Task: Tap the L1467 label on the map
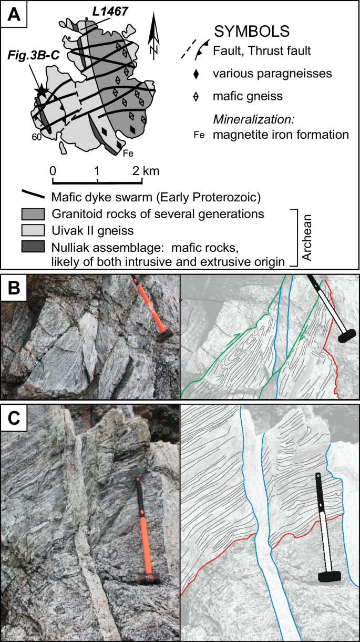(x=110, y=12)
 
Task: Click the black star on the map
(x=40, y=91)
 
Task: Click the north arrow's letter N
(x=153, y=49)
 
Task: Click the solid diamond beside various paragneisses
(x=196, y=74)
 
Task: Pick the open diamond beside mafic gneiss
(x=196, y=96)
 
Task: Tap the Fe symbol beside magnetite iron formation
(x=199, y=135)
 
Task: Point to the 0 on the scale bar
(x=53, y=171)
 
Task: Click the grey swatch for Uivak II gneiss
(x=34, y=230)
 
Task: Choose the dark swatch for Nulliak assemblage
(x=34, y=246)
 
